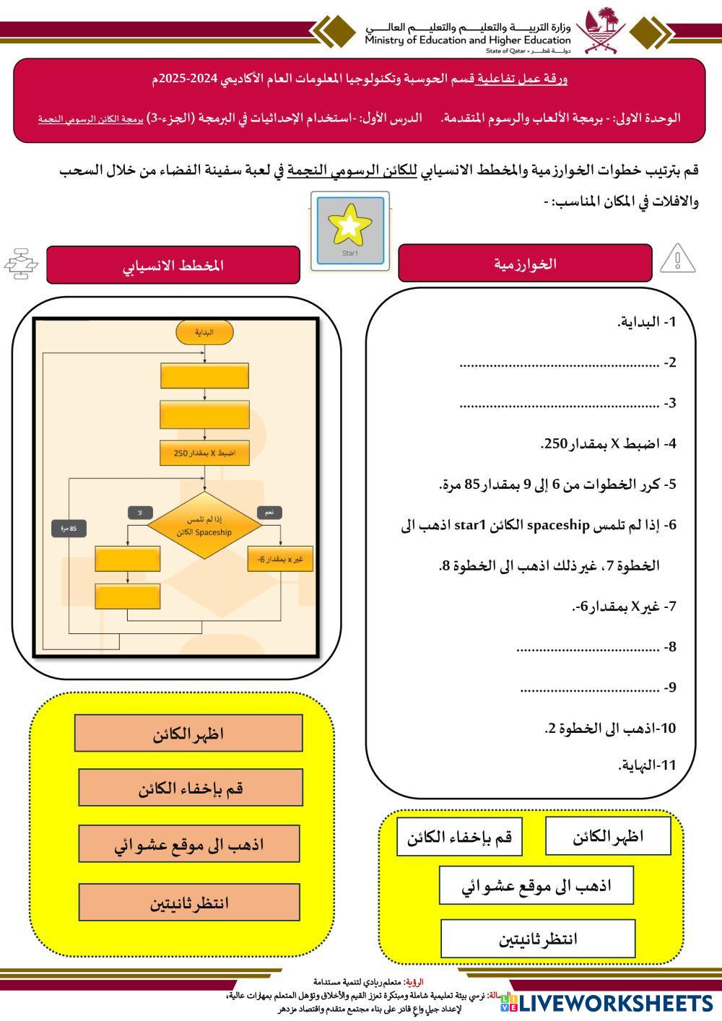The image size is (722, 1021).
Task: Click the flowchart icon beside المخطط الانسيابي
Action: tap(21, 264)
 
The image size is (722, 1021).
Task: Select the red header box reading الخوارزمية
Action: tap(525, 264)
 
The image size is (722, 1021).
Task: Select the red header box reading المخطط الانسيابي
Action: tap(173, 265)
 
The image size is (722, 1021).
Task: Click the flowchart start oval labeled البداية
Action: tap(205, 332)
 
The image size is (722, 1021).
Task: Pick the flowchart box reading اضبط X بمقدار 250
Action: tap(205, 453)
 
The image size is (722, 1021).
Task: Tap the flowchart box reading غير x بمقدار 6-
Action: tap(280, 560)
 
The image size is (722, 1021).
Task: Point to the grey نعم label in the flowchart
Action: tap(269, 512)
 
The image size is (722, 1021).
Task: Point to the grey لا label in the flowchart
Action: tap(140, 512)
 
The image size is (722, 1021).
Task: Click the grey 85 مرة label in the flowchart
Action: tap(69, 529)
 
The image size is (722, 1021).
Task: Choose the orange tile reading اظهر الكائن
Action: tap(188, 734)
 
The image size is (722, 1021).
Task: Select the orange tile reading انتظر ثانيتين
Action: tap(189, 903)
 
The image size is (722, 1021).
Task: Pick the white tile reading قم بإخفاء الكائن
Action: tap(459, 837)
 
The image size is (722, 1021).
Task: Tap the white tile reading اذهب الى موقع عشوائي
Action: tap(536, 885)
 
